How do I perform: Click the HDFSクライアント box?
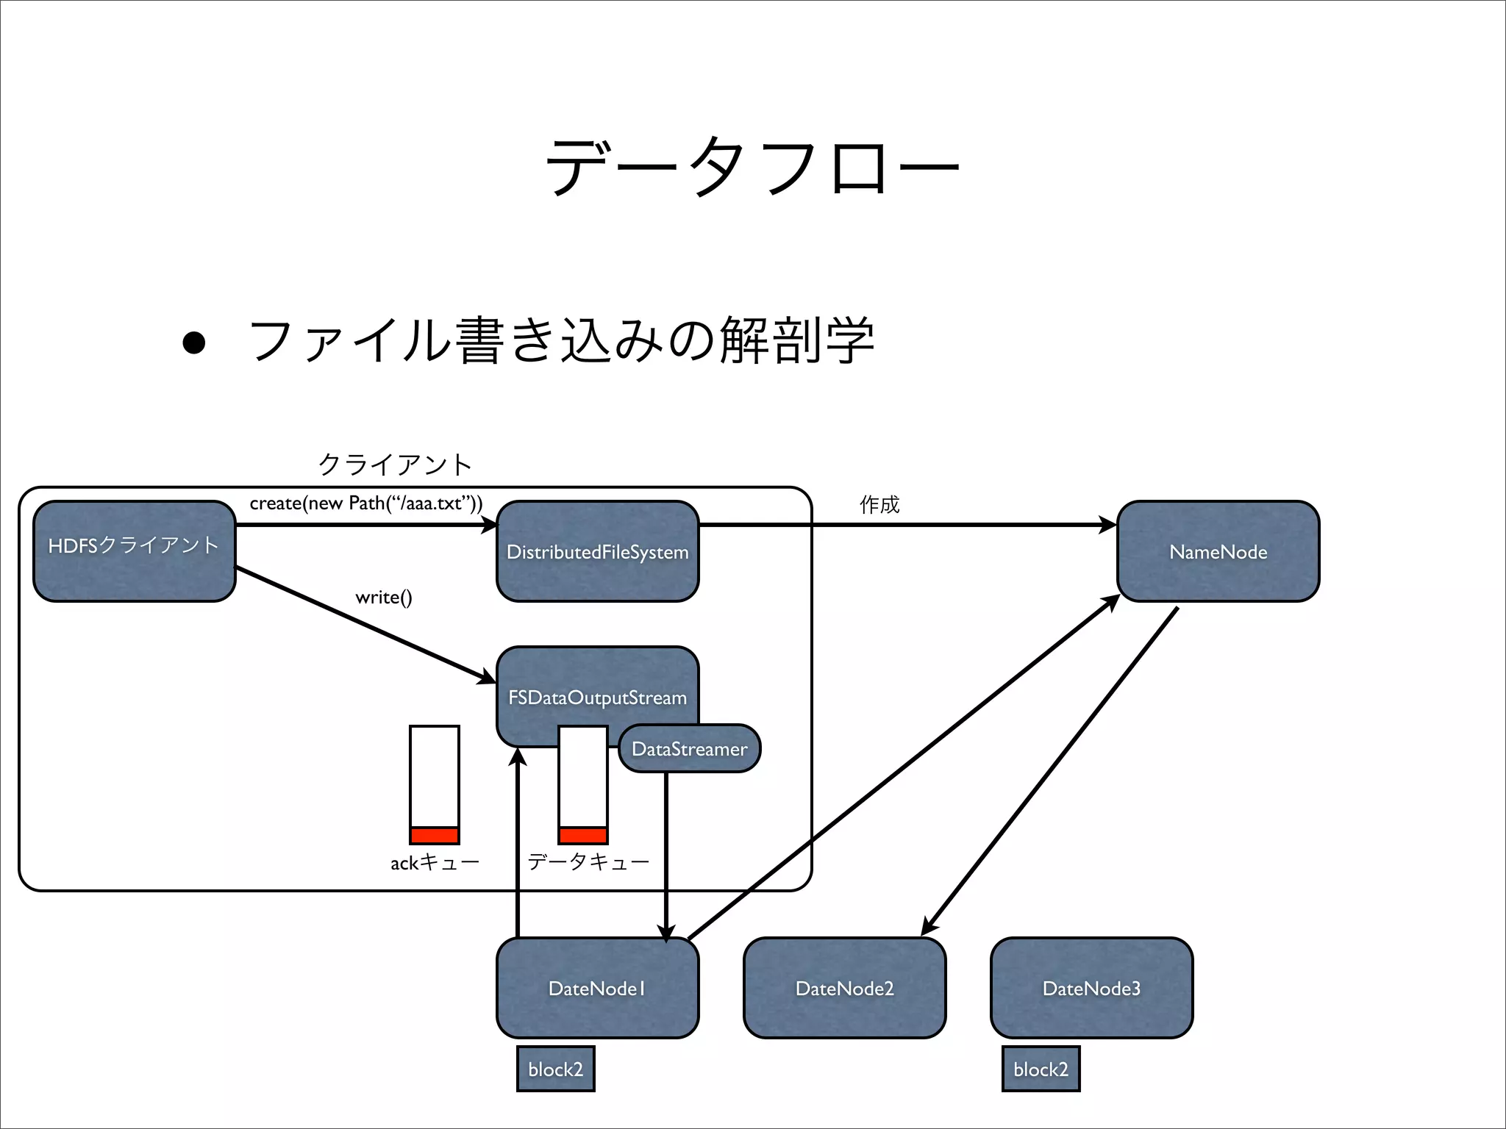(135, 551)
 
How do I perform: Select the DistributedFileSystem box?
(597, 552)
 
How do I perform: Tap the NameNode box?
(1218, 552)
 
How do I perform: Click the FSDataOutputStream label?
(597, 697)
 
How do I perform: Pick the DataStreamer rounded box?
(689, 749)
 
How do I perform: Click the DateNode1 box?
(597, 988)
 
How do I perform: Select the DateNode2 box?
(844, 988)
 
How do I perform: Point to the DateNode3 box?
(1091, 988)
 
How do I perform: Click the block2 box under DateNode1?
(555, 1069)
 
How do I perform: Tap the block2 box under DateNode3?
(1041, 1069)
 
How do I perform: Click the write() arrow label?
(383, 597)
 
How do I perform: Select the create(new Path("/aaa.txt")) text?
(365, 503)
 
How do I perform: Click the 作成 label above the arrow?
(879, 504)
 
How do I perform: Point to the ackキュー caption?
(435, 862)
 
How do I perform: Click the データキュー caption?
(588, 861)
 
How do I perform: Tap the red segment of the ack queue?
(435, 835)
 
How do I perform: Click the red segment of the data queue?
(583, 835)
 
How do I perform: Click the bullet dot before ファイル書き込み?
(193, 343)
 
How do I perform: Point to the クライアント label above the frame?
(395, 464)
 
